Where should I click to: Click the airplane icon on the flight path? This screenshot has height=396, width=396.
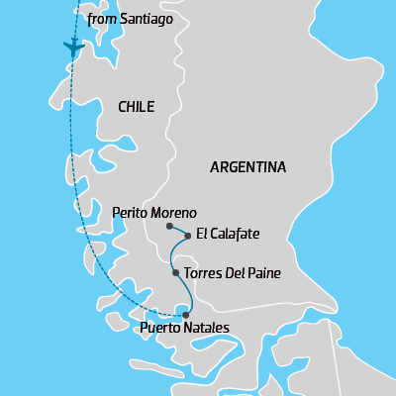72,47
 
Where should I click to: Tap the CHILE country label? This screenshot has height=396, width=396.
136,107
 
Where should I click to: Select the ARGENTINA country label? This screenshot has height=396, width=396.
247,167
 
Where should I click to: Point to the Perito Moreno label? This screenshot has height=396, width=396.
154,213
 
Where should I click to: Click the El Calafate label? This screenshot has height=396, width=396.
228,235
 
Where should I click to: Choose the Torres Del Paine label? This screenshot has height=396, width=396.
233,273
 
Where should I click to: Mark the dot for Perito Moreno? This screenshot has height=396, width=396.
170,227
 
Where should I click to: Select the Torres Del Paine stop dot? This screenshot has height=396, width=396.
175,272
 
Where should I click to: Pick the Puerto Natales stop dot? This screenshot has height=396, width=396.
185,315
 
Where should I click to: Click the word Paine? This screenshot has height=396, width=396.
262,273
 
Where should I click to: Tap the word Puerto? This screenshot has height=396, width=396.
160,328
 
